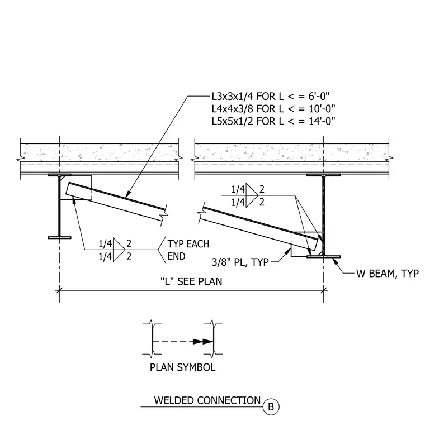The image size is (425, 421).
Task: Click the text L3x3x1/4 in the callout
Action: [x=233, y=96]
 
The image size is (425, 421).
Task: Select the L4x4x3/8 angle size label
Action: [x=233, y=108]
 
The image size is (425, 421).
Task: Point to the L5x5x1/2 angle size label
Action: [x=233, y=121]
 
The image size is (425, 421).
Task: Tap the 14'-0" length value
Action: [x=322, y=121]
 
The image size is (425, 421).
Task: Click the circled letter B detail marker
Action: [x=271, y=406]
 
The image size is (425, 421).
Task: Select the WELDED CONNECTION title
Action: [x=207, y=400]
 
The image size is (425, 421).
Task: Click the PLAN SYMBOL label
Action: [x=182, y=367]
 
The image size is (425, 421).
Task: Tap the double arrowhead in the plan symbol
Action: [x=203, y=342]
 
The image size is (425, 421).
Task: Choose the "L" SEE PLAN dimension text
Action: [x=191, y=281]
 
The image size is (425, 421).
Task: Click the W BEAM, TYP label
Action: [x=388, y=273]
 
